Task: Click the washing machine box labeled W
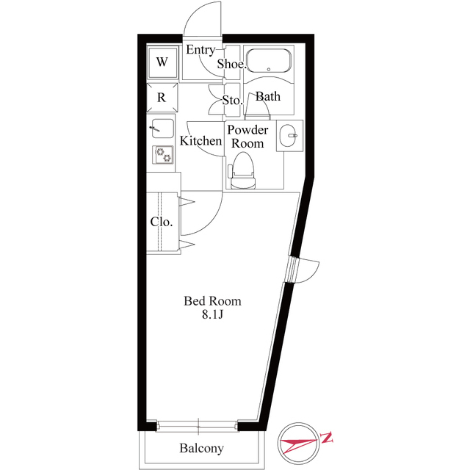(162, 62)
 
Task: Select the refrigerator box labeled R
(162, 97)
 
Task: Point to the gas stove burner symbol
(162, 154)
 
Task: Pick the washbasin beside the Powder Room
(290, 135)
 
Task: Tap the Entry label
(200, 50)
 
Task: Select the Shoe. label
(231, 64)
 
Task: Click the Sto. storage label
(232, 100)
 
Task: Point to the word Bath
(267, 97)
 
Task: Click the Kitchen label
(200, 141)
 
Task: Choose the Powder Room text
(247, 137)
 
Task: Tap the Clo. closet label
(162, 222)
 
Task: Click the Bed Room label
(212, 301)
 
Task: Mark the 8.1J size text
(212, 315)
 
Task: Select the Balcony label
(201, 448)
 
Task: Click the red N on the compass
(328, 440)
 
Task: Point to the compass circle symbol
(298, 444)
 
